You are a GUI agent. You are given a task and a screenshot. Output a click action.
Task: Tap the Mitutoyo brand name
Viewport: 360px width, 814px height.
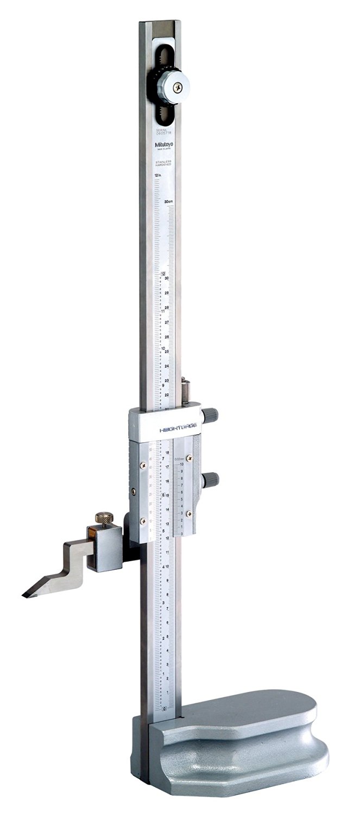coord(164,144)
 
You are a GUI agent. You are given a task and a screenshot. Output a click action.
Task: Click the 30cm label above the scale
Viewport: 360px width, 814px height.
coord(169,201)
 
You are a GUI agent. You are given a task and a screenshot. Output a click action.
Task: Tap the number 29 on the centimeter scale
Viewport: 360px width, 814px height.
coord(166,292)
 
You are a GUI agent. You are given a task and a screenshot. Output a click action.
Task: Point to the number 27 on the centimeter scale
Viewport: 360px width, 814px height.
coord(166,322)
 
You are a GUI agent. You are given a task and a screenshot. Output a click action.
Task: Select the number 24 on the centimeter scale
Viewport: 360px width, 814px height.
coord(166,366)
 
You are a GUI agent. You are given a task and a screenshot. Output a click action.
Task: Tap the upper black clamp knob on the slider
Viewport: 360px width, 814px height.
coord(211,415)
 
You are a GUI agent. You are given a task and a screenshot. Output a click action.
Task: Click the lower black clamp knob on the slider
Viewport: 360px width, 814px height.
coord(211,480)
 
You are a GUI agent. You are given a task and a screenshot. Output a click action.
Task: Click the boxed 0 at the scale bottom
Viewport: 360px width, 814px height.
coord(164,709)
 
